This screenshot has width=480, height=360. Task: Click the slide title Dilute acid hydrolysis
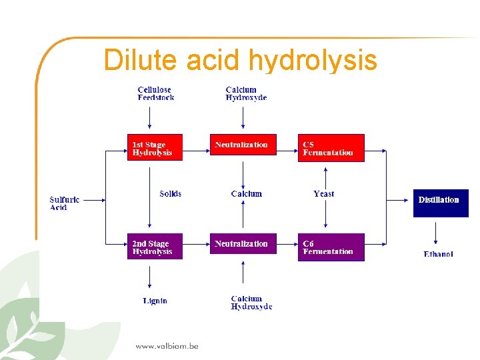point(240,60)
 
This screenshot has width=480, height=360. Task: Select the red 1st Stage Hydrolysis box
point(155,148)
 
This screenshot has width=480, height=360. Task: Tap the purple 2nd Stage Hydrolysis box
point(155,247)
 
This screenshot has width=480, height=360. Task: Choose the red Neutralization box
point(243,145)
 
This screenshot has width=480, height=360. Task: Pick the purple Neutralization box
point(243,244)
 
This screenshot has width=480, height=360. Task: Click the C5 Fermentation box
point(331,148)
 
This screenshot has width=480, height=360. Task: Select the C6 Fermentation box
point(331,247)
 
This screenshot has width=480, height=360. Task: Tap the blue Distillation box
point(440,203)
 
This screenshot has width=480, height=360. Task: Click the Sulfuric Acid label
point(64,203)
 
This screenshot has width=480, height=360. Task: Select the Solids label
point(170,194)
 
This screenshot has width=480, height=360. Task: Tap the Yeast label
point(324,194)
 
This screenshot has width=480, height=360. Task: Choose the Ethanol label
point(438,254)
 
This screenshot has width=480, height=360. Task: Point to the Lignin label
point(155,301)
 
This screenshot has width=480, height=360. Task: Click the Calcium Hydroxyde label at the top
point(246,93)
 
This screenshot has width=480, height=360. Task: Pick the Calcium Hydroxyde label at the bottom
point(251,303)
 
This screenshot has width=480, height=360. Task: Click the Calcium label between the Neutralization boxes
point(246,194)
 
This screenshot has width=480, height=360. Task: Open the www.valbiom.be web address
point(167,346)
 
